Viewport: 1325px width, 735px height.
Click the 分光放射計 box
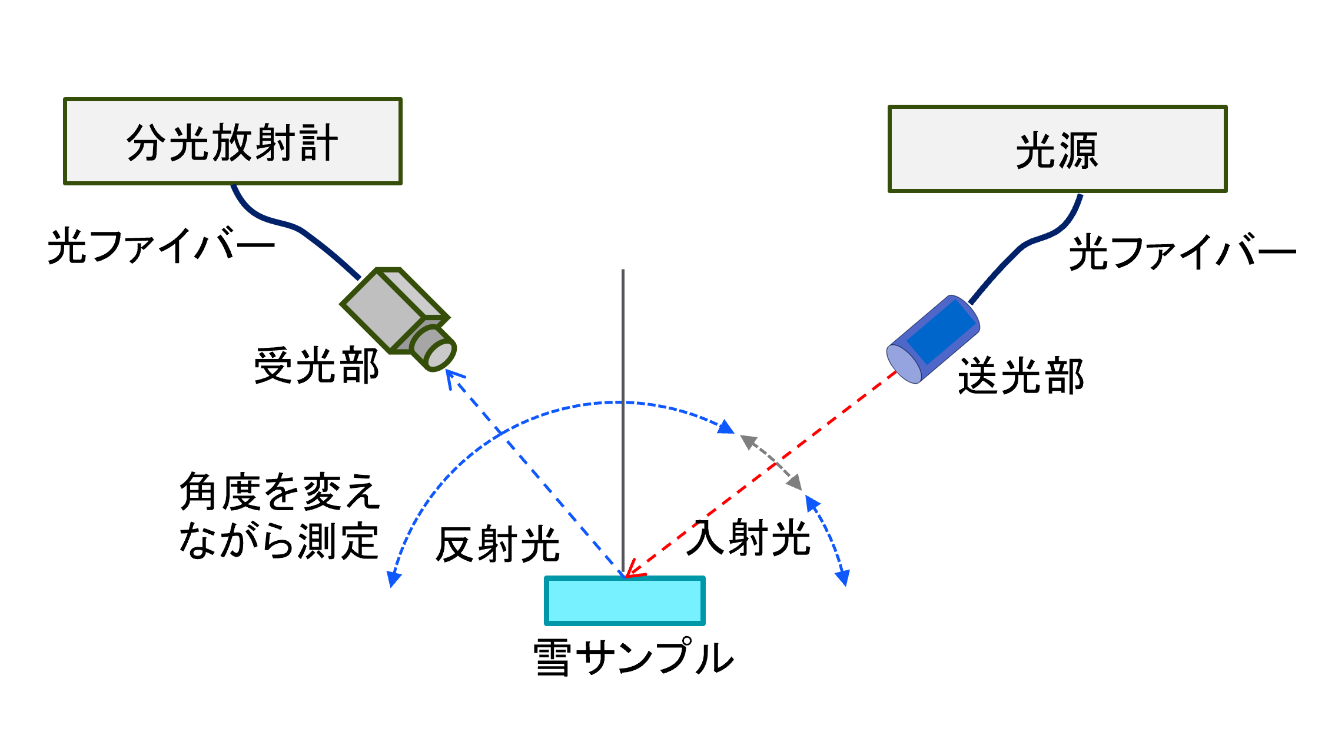233,142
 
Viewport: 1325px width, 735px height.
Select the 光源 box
1057,149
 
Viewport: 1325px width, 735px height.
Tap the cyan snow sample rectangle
625,600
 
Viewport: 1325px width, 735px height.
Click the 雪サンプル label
633,657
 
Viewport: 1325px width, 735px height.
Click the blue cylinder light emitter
933,340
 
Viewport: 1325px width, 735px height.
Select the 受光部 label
316,366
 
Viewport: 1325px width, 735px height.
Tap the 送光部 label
1021,376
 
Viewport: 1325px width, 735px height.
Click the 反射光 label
497,544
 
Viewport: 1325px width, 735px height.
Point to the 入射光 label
749,537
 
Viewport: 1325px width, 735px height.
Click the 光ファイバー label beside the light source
1182,252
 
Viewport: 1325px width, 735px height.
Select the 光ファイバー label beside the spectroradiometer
161,246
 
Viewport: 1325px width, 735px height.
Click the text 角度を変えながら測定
280,516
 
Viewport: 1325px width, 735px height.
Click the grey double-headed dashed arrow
771,462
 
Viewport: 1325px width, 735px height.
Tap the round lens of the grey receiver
440,355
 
